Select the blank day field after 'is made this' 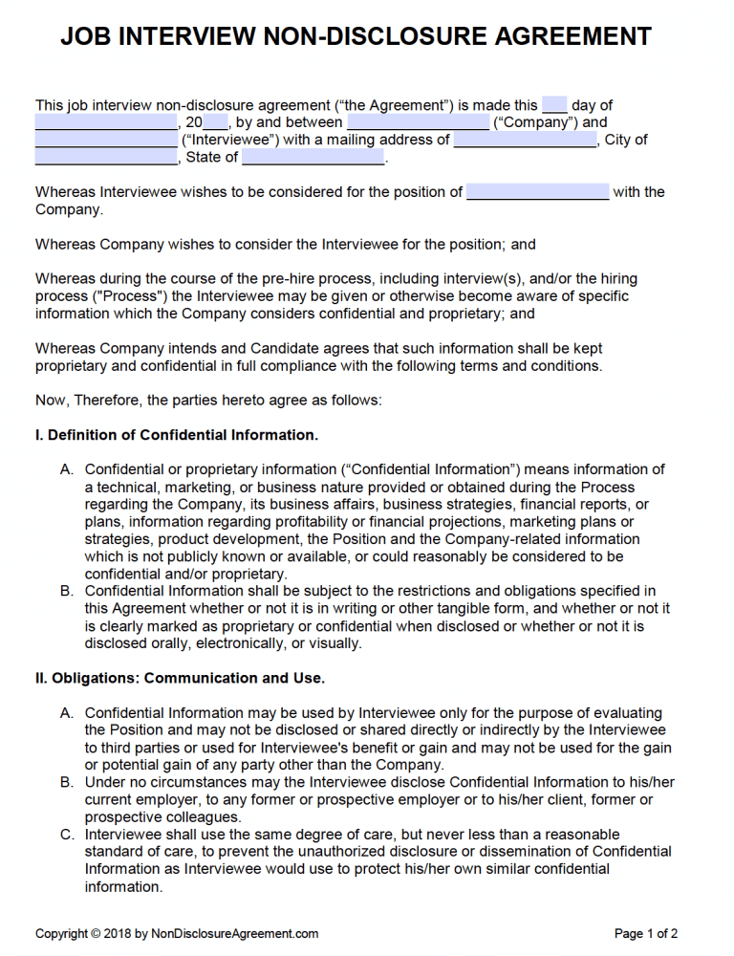[x=554, y=105]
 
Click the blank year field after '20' [x=215, y=122]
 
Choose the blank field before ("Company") [x=417, y=122]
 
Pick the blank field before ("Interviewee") [x=106, y=140]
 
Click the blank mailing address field [x=525, y=140]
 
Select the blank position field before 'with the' [x=537, y=191]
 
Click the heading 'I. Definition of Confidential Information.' [x=177, y=435]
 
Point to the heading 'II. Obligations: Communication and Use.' [x=180, y=678]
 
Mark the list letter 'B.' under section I [x=67, y=591]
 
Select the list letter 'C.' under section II [x=67, y=835]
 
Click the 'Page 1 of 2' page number [x=646, y=934]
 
